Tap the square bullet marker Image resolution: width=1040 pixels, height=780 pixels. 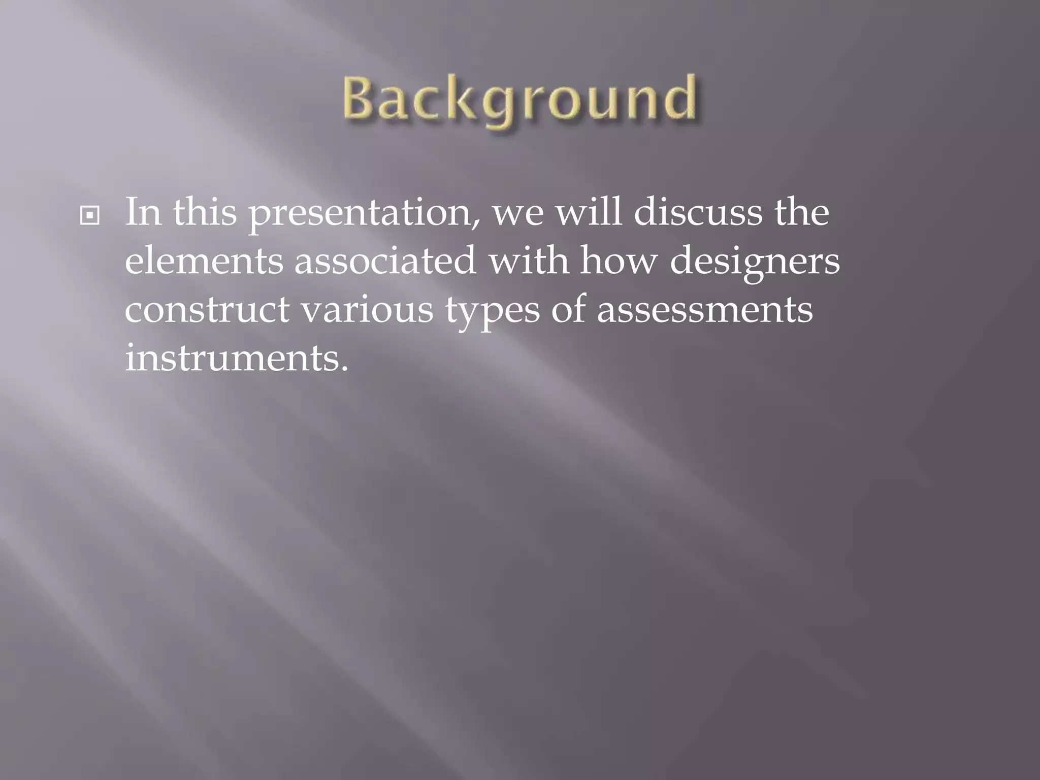click(90, 216)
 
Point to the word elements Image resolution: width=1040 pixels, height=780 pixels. click(204, 261)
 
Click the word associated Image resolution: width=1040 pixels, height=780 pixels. click(385, 261)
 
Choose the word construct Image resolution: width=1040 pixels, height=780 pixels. click(207, 310)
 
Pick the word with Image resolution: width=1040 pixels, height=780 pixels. click(529, 261)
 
